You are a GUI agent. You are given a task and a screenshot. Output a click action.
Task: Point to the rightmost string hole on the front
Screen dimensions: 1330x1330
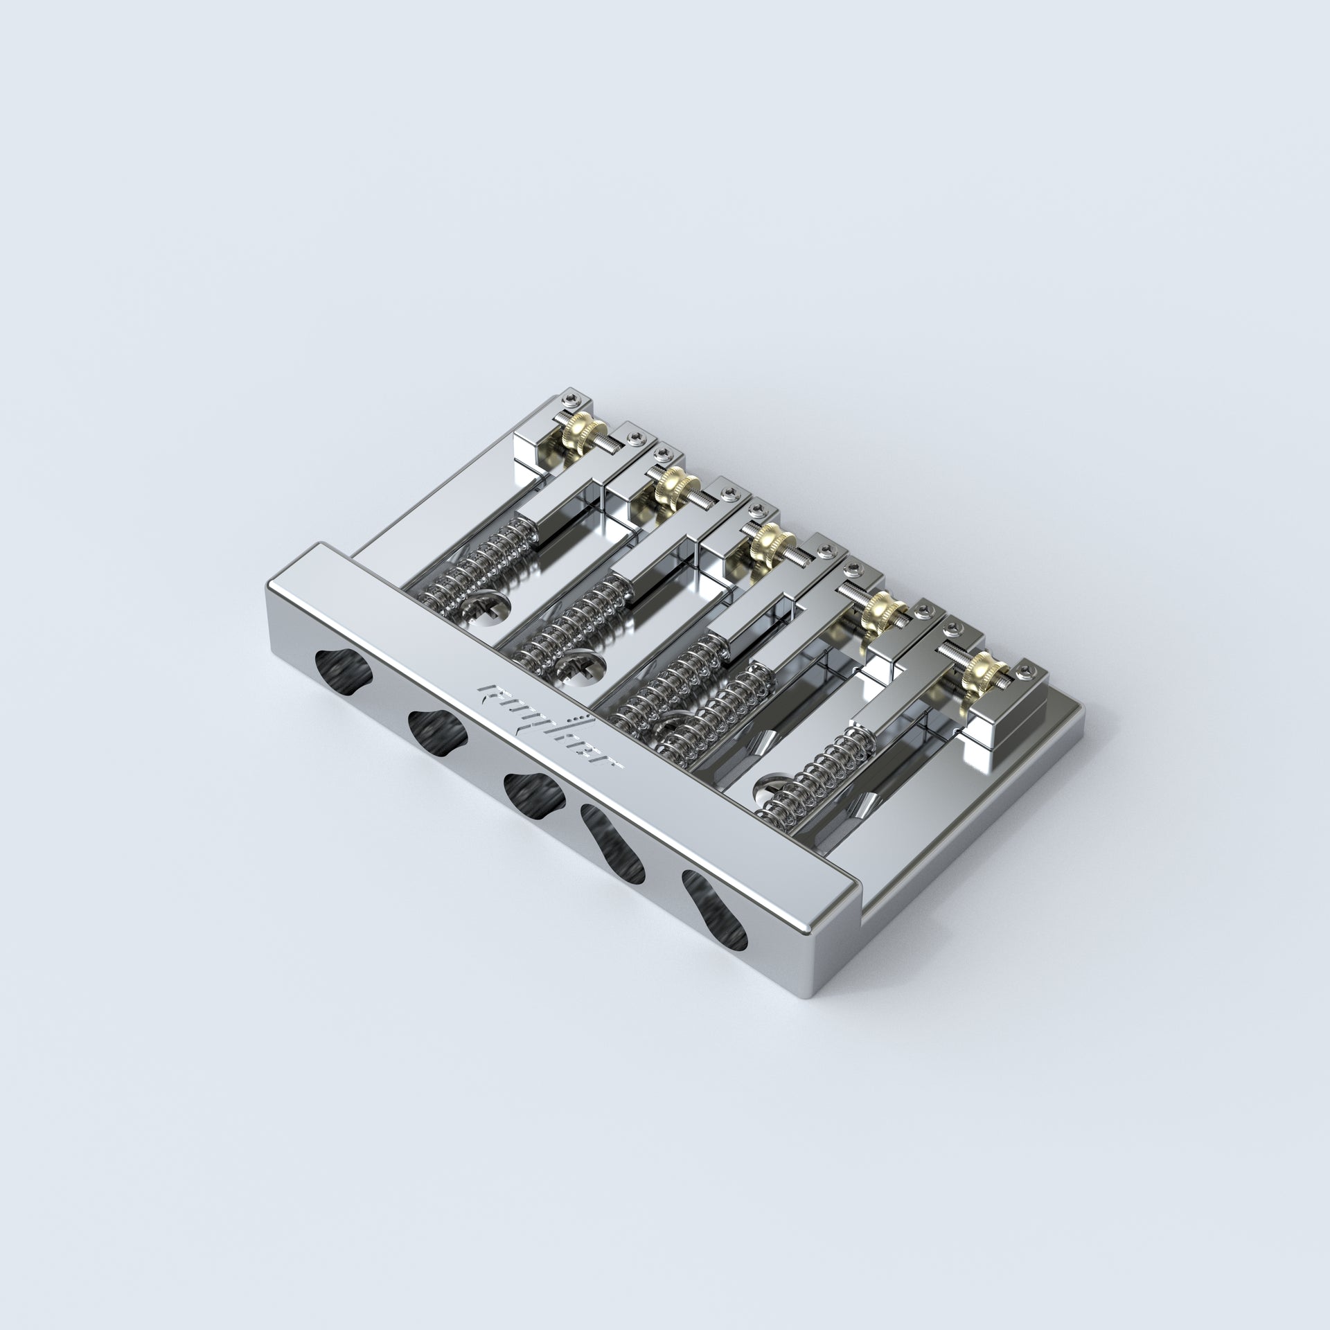715,908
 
